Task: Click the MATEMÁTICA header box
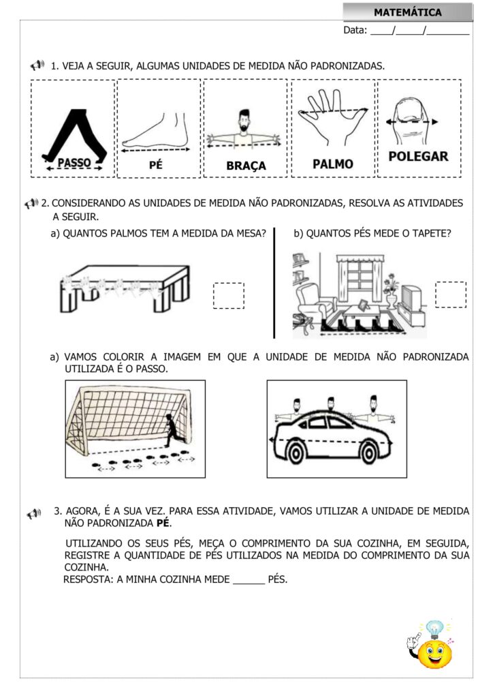[407, 12]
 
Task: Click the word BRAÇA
[246, 166]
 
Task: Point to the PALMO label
[333, 164]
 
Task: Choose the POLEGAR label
[418, 156]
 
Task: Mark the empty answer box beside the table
[228, 295]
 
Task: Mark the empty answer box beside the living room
[451, 294]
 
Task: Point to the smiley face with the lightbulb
[434, 650]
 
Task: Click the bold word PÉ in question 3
[163, 523]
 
